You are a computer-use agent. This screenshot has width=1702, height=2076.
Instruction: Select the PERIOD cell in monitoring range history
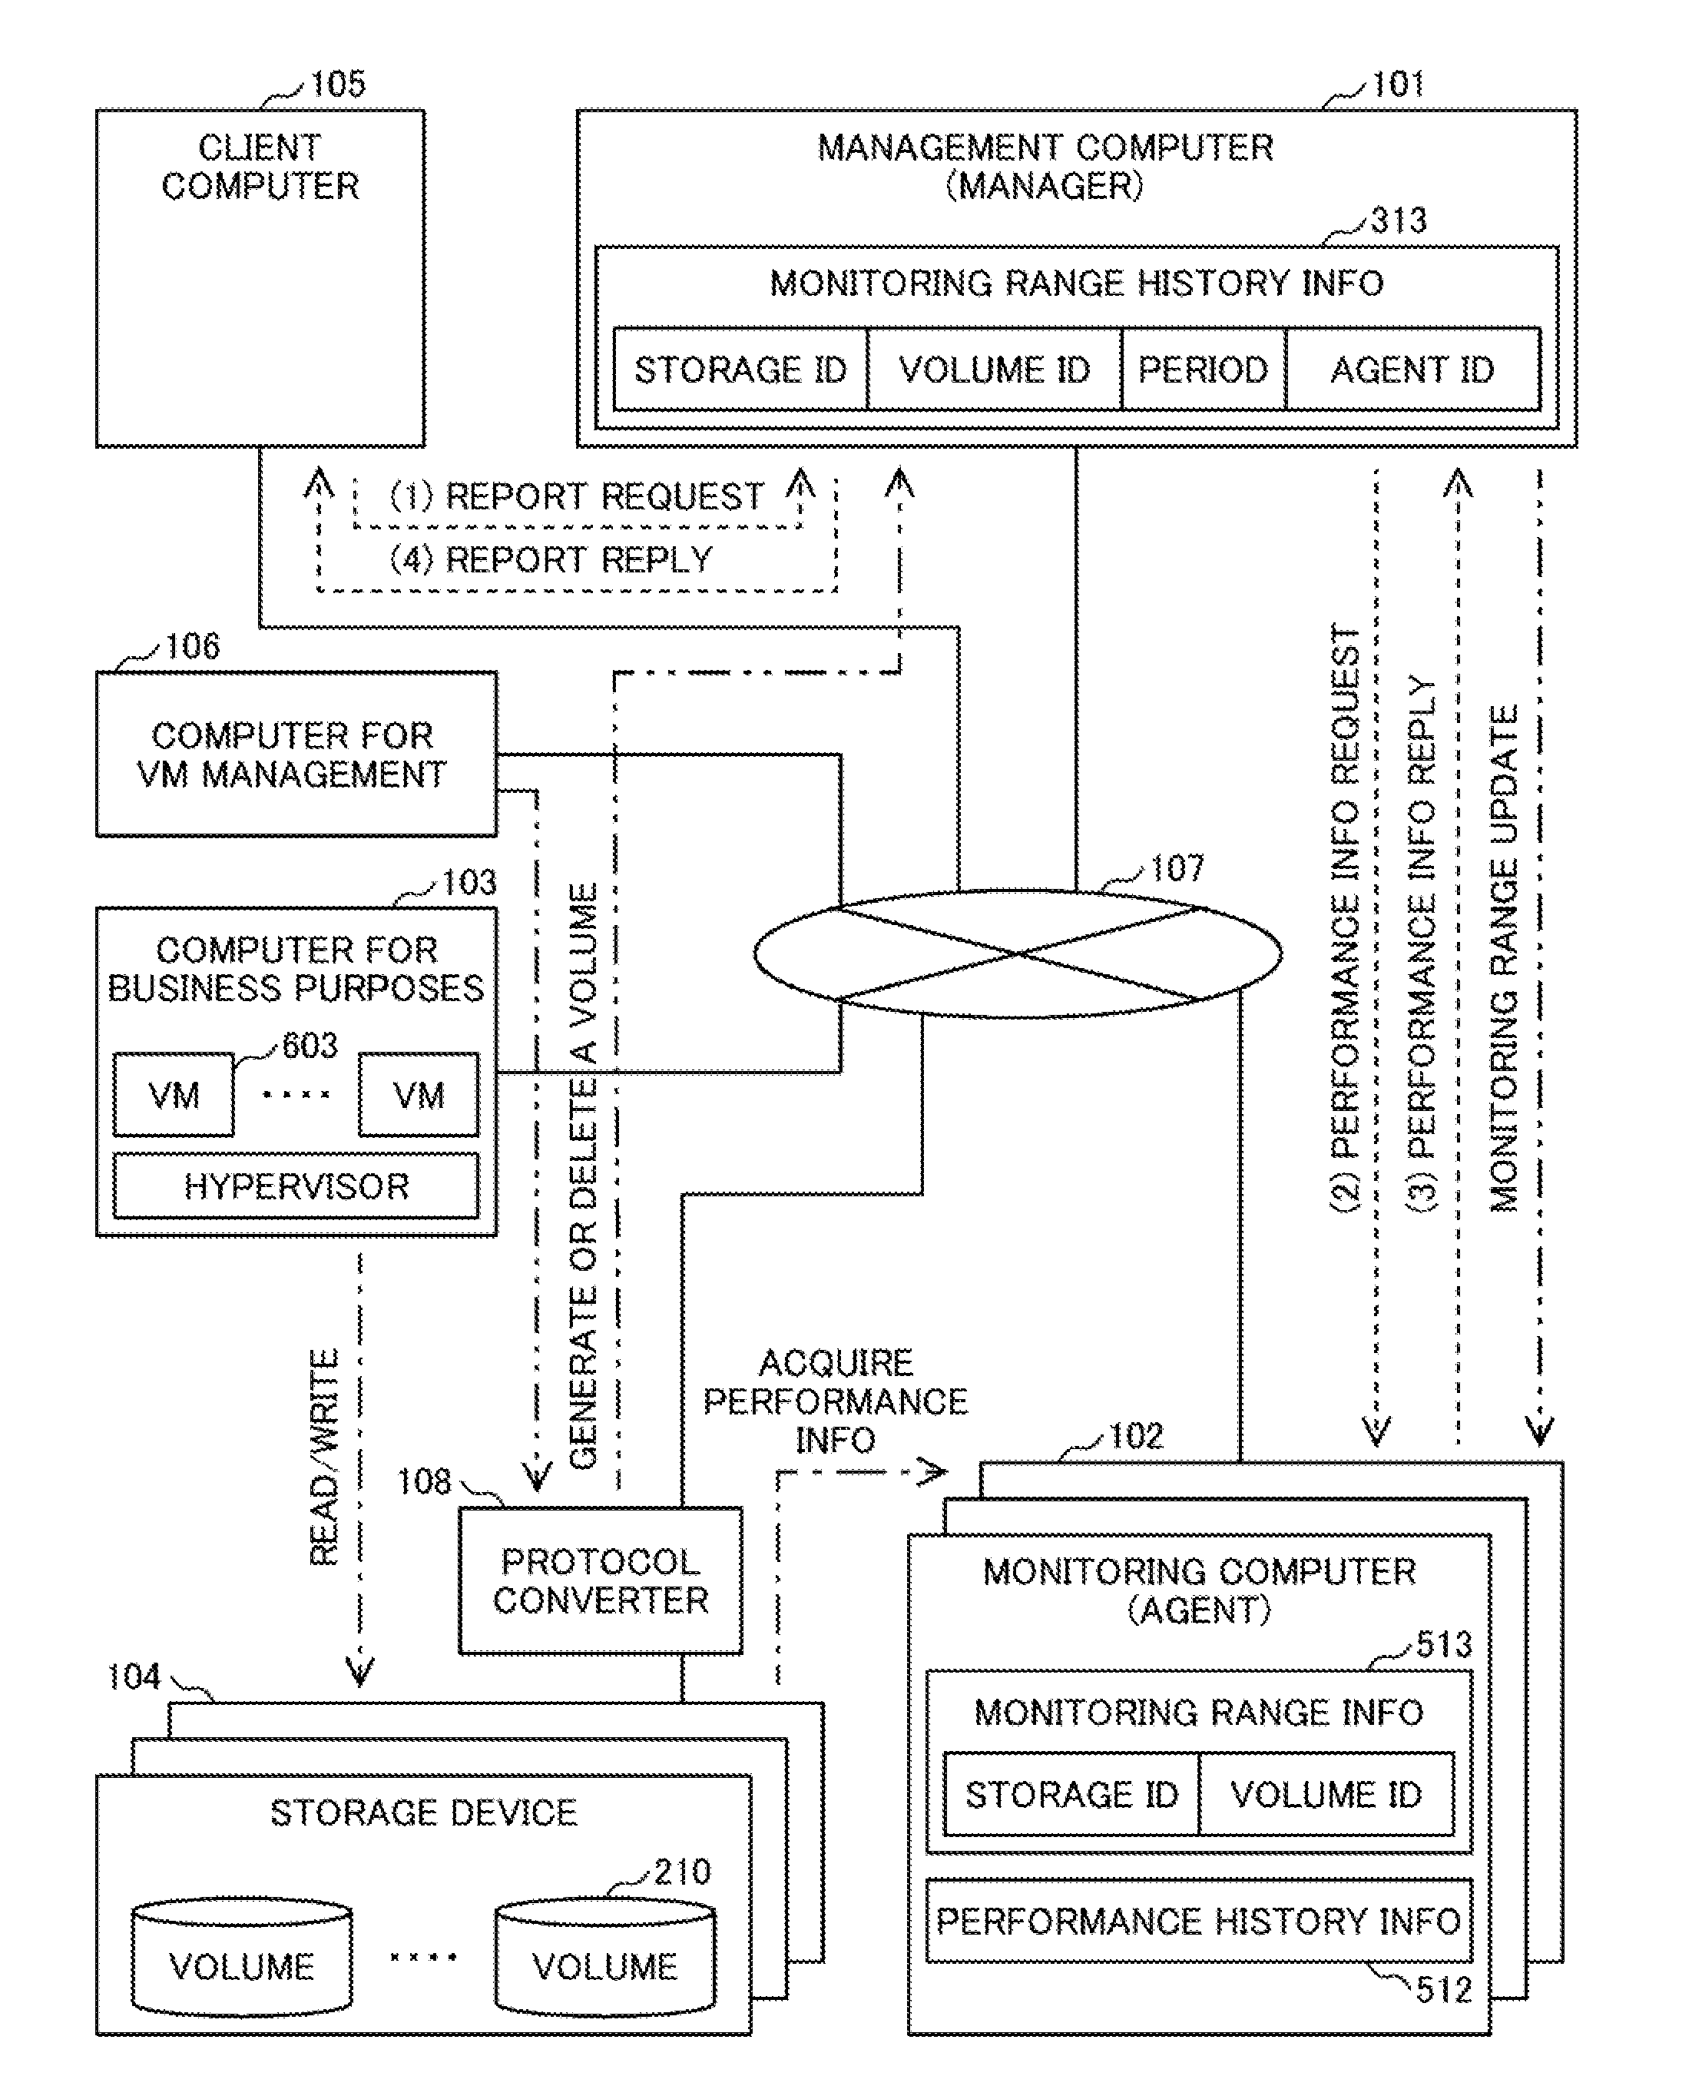click(1203, 369)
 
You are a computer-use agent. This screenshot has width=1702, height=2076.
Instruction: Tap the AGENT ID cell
click(1412, 369)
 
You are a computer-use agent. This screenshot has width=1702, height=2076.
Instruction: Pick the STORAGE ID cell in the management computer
click(740, 369)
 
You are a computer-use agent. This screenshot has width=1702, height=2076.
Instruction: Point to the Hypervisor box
click(296, 1186)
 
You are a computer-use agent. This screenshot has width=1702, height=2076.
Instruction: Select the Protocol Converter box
click(600, 1580)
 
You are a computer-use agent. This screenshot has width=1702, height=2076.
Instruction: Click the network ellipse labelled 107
click(1018, 953)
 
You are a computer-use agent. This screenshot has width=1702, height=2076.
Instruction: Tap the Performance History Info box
click(1198, 1920)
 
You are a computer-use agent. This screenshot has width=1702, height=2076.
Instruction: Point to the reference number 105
click(337, 85)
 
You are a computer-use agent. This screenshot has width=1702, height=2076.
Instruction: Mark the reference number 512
click(1444, 1990)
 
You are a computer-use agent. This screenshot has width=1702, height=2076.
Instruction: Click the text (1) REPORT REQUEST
click(577, 496)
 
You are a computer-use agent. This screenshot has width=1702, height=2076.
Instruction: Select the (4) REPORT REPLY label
click(551, 559)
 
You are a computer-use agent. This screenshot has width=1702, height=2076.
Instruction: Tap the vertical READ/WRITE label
click(323, 1458)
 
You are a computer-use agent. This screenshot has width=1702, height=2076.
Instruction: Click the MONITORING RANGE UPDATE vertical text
click(1504, 958)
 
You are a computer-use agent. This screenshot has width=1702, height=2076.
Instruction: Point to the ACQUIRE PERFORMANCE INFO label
click(836, 1401)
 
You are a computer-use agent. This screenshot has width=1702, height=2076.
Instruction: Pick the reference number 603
click(310, 1046)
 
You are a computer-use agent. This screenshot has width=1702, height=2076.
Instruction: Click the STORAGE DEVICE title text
click(423, 1812)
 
